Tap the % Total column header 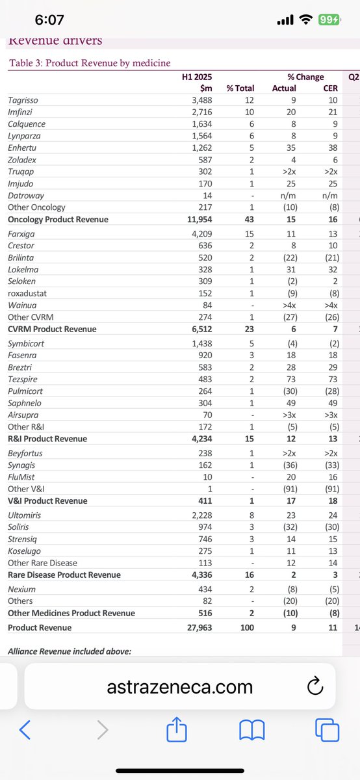240,88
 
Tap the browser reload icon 314,686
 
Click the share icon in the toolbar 175,730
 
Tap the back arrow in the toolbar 25,731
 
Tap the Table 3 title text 89,63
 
